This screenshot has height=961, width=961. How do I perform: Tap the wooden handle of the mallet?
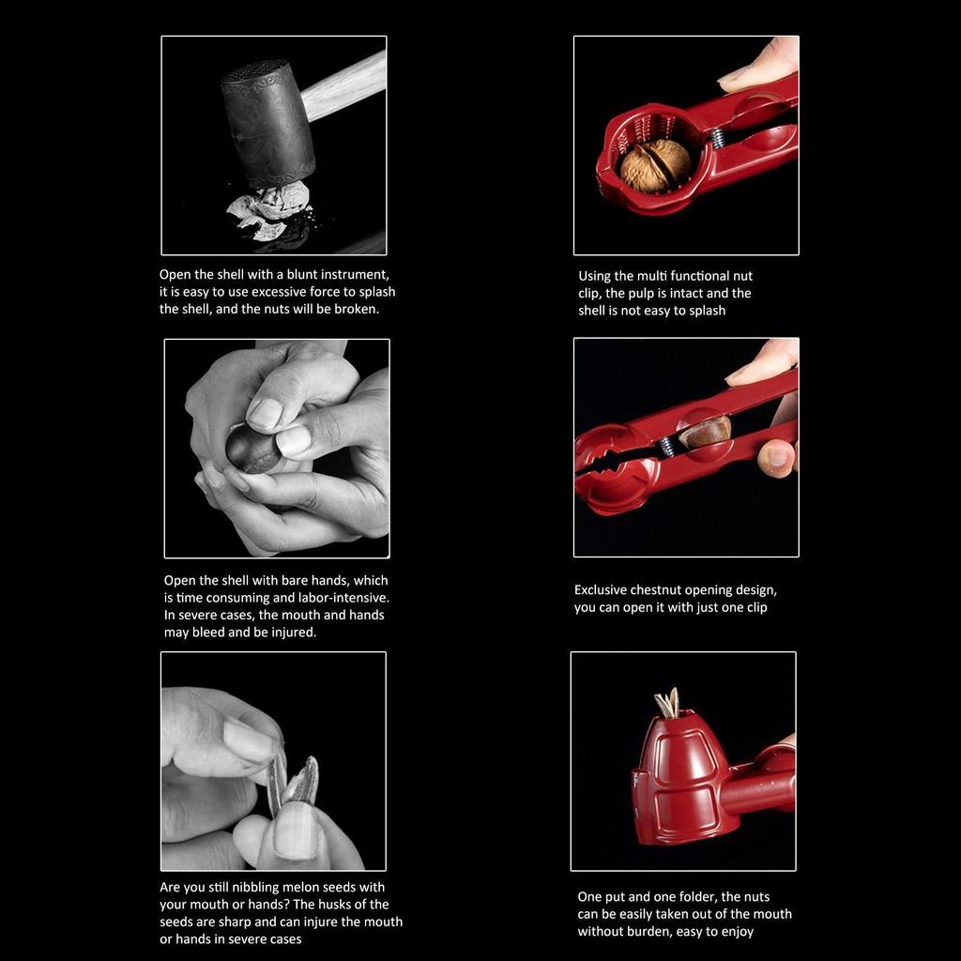click(347, 84)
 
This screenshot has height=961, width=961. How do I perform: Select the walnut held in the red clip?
click(655, 165)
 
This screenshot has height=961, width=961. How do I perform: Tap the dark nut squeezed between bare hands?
click(252, 448)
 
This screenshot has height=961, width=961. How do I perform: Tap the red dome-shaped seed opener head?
click(678, 774)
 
